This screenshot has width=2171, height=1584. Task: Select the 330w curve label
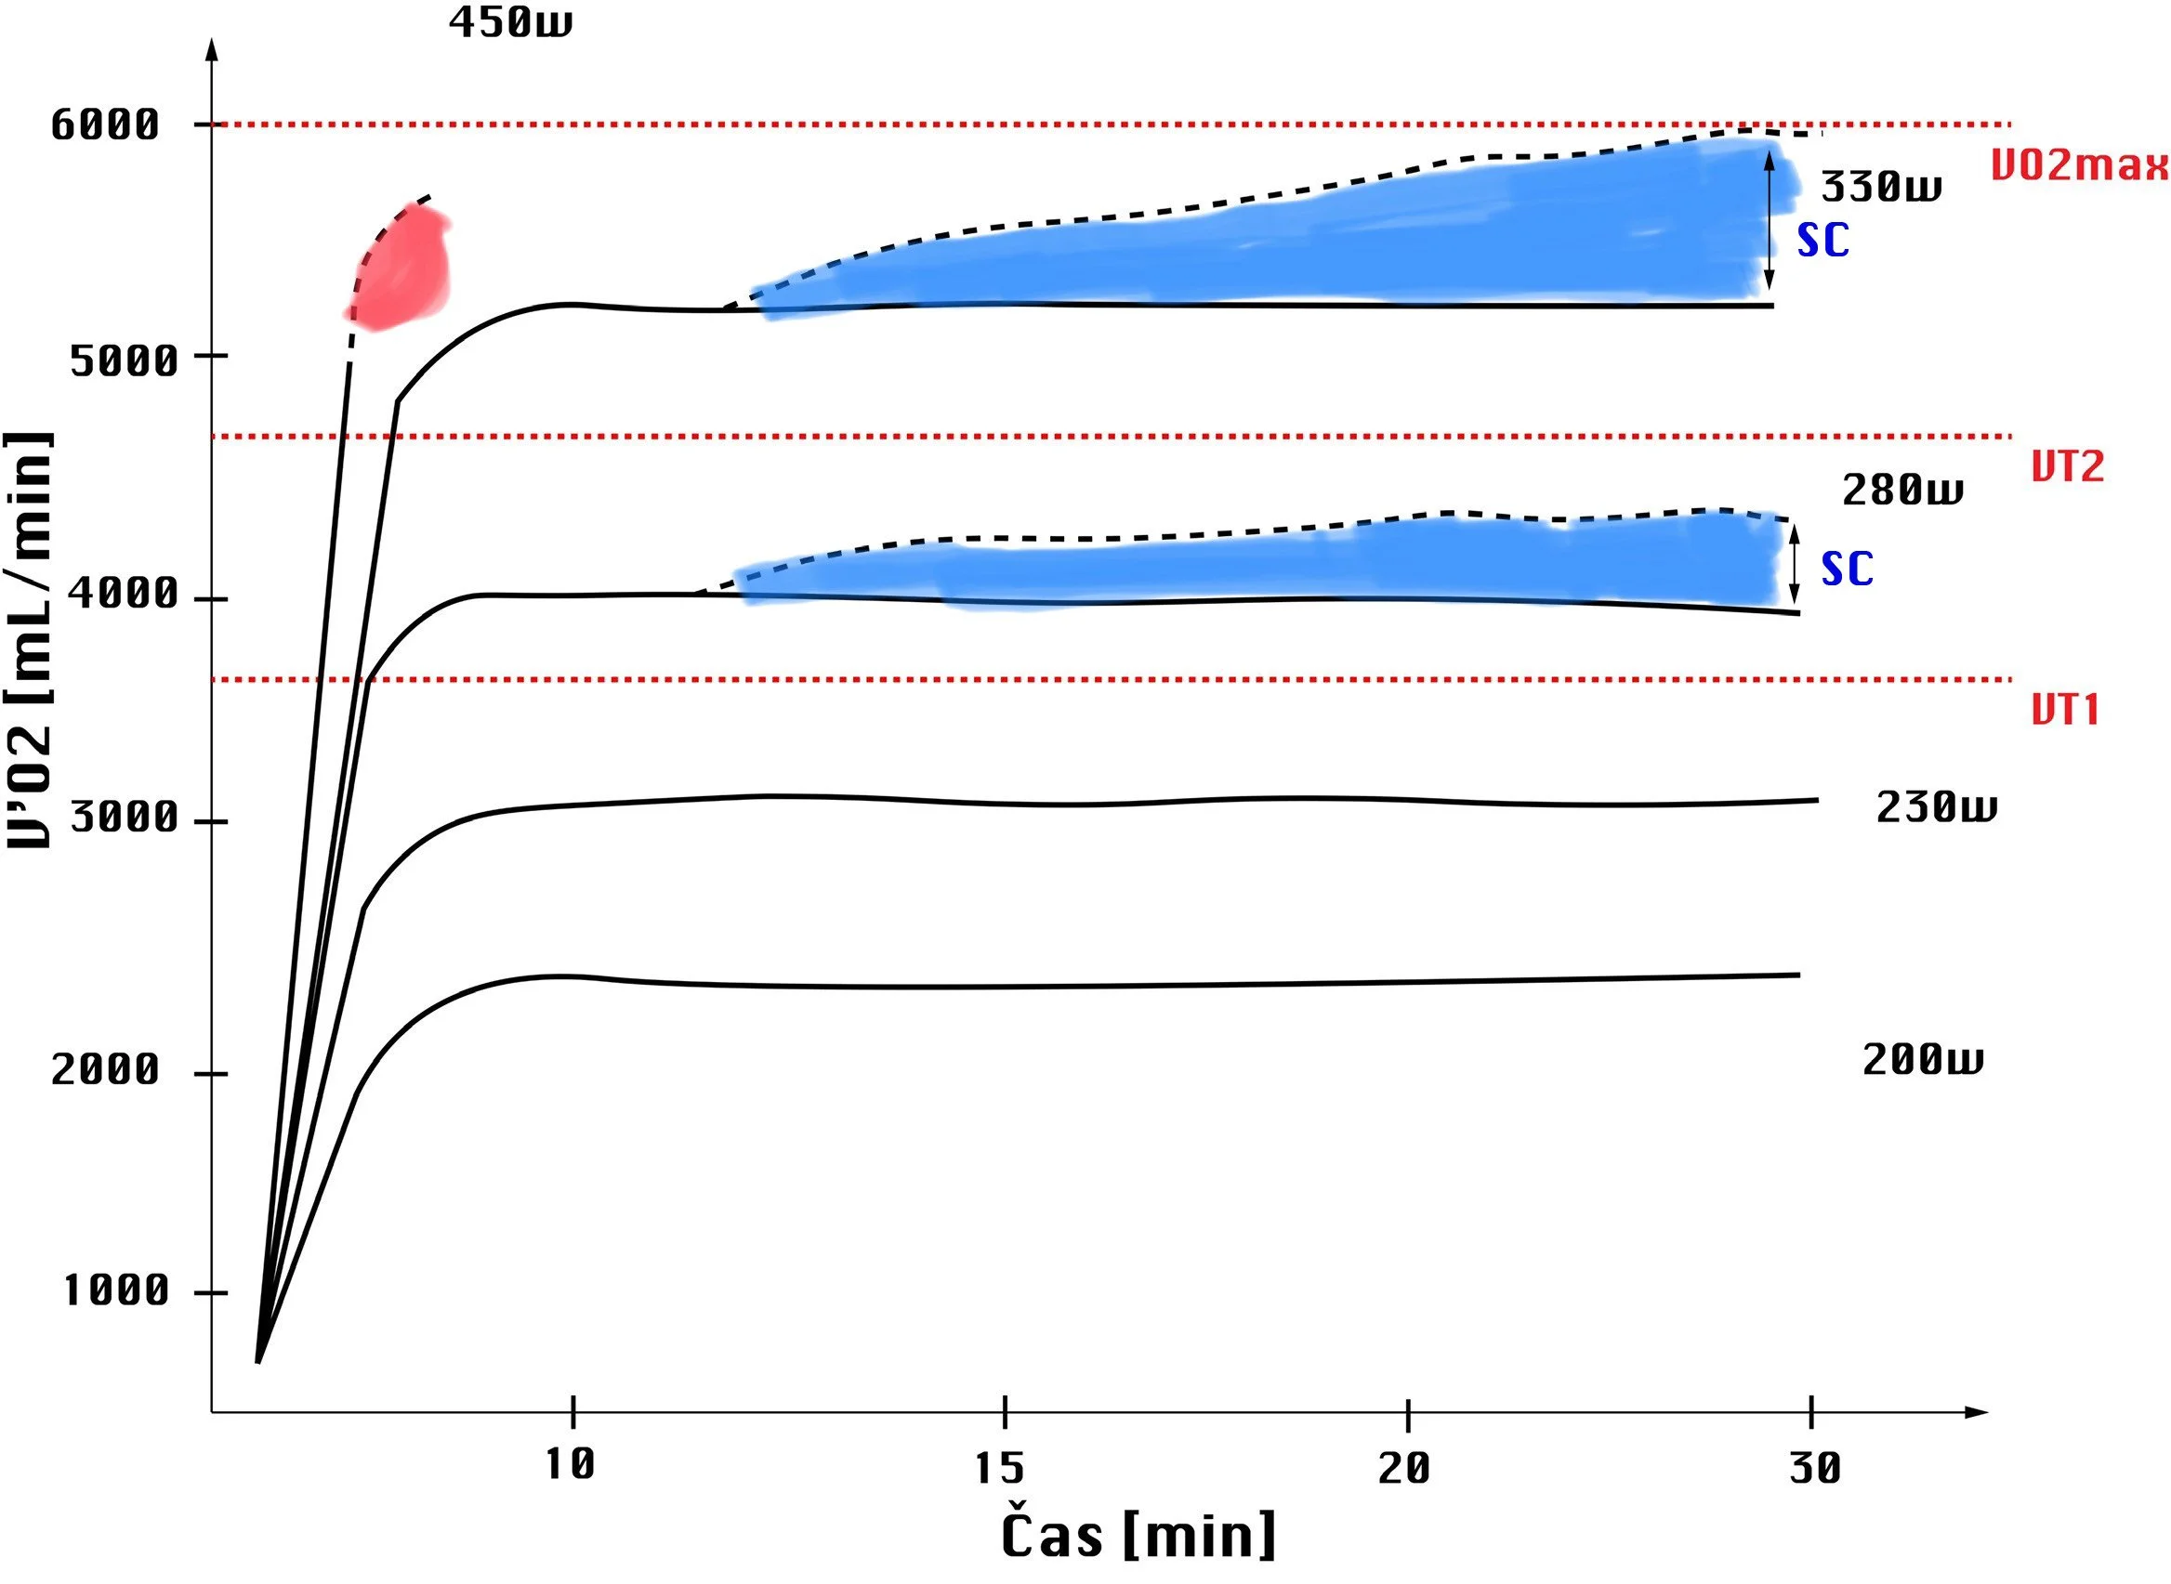(x=1880, y=186)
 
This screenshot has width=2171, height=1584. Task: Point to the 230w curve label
(x=1936, y=807)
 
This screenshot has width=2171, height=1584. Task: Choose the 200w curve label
(x=1923, y=1059)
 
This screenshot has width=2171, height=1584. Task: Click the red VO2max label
(x=2079, y=166)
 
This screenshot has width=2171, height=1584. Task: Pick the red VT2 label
(x=2068, y=467)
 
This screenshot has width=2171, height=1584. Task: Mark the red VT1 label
(x=2066, y=711)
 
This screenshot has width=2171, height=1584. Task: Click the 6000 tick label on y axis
(x=105, y=124)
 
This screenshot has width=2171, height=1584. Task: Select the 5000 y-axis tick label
(x=125, y=361)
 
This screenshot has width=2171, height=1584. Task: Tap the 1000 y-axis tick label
(x=116, y=1290)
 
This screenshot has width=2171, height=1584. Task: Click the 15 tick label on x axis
(x=1000, y=1468)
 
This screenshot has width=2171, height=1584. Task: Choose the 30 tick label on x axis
(x=1815, y=1468)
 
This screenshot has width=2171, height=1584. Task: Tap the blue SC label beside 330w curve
(x=1822, y=241)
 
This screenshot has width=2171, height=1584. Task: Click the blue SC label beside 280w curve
(x=1847, y=569)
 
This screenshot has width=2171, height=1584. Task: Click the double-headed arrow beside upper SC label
(x=1770, y=220)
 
